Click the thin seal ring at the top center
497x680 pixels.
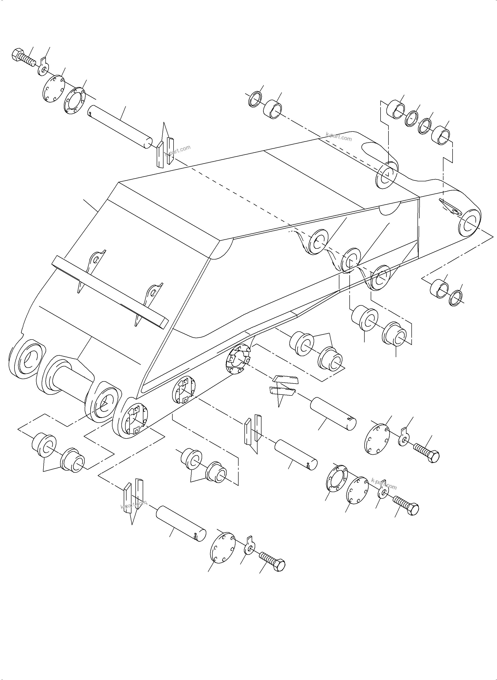pyautogui.click(x=255, y=99)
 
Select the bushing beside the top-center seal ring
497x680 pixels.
pyautogui.click(x=272, y=109)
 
